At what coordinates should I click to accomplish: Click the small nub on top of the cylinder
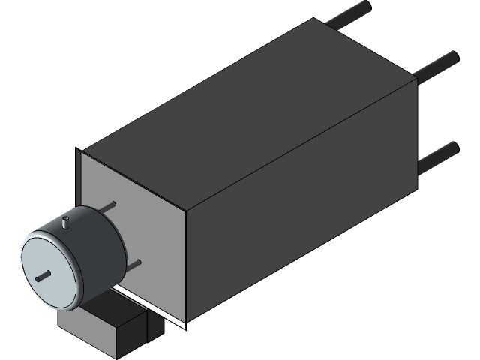click(x=66, y=222)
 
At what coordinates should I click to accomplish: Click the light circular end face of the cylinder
click(x=48, y=270)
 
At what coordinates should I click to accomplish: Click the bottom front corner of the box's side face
click(x=185, y=324)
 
